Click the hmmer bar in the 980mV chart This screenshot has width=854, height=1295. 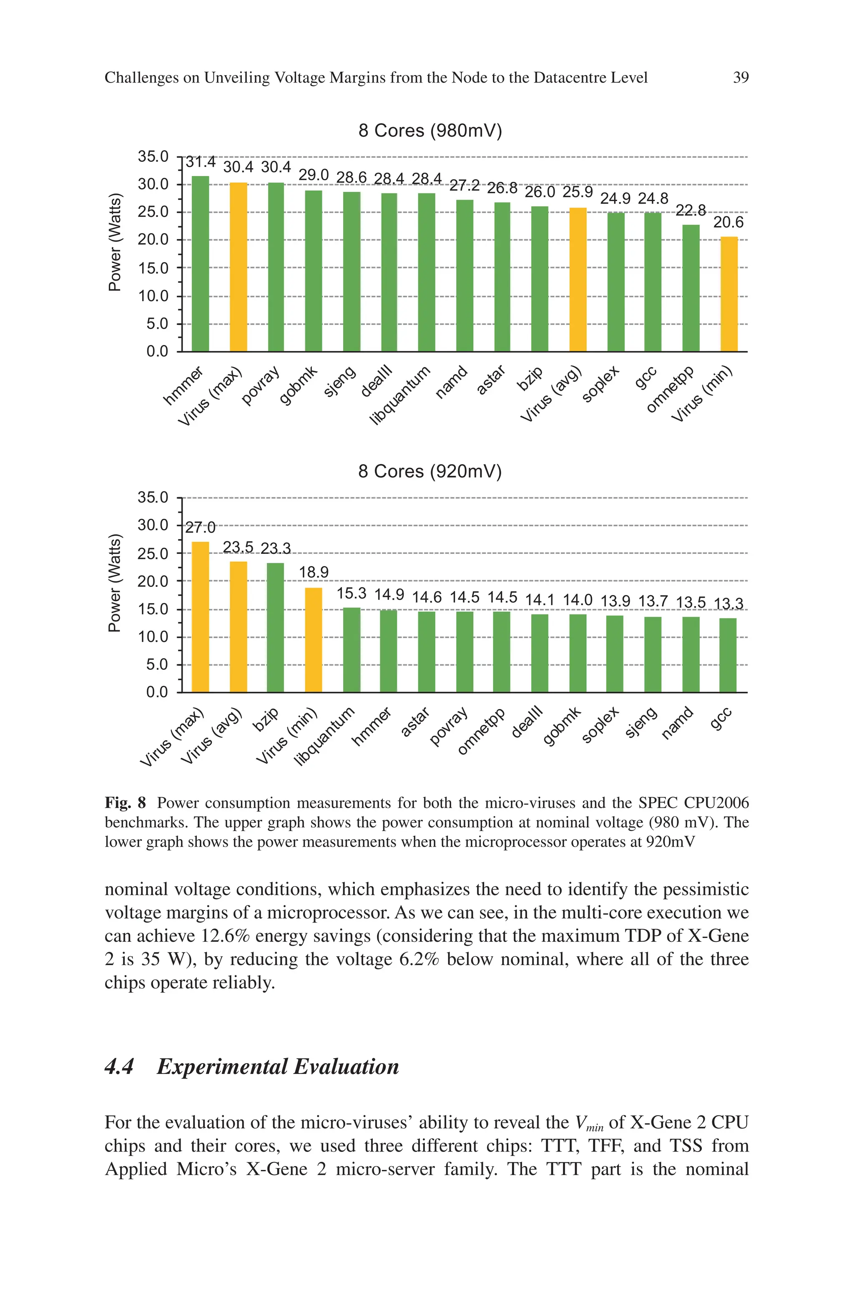tap(201, 264)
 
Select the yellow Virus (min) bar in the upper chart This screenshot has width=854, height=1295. tap(729, 294)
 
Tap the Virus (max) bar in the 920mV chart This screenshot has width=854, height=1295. tap(201, 616)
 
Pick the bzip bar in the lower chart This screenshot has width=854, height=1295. tap(276, 627)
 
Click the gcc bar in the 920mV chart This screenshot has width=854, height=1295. tap(728, 655)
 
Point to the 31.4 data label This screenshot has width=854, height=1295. tap(201, 162)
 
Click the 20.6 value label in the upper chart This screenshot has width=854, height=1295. tap(728, 223)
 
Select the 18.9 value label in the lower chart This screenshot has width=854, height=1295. tap(314, 572)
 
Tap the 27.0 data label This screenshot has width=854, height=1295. tap(201, 528)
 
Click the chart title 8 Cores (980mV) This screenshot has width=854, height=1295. tap(430, 131)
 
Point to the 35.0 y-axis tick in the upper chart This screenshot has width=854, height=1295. tap(153, 157)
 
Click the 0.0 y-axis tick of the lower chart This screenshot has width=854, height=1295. tap(157, 692)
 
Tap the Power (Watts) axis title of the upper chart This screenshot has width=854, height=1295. tap(114, 242)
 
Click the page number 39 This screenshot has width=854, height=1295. tap(741, 78)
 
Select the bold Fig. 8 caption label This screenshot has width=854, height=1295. tap(125, 803)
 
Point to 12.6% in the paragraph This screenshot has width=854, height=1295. tap(225, 935)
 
